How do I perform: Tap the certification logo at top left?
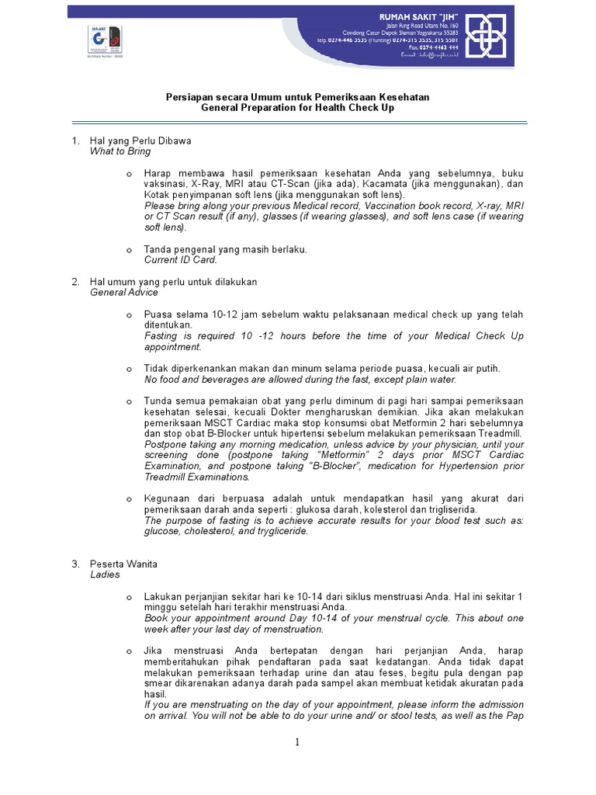coord(106,40)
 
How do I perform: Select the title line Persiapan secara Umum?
coord(297,97)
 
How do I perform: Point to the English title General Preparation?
coord(297,108)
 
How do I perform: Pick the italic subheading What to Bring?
coord(120,151)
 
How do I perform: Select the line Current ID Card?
coord(181,260)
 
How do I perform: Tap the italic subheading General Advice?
coord(124,293)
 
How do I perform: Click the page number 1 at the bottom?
coord(297,743)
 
